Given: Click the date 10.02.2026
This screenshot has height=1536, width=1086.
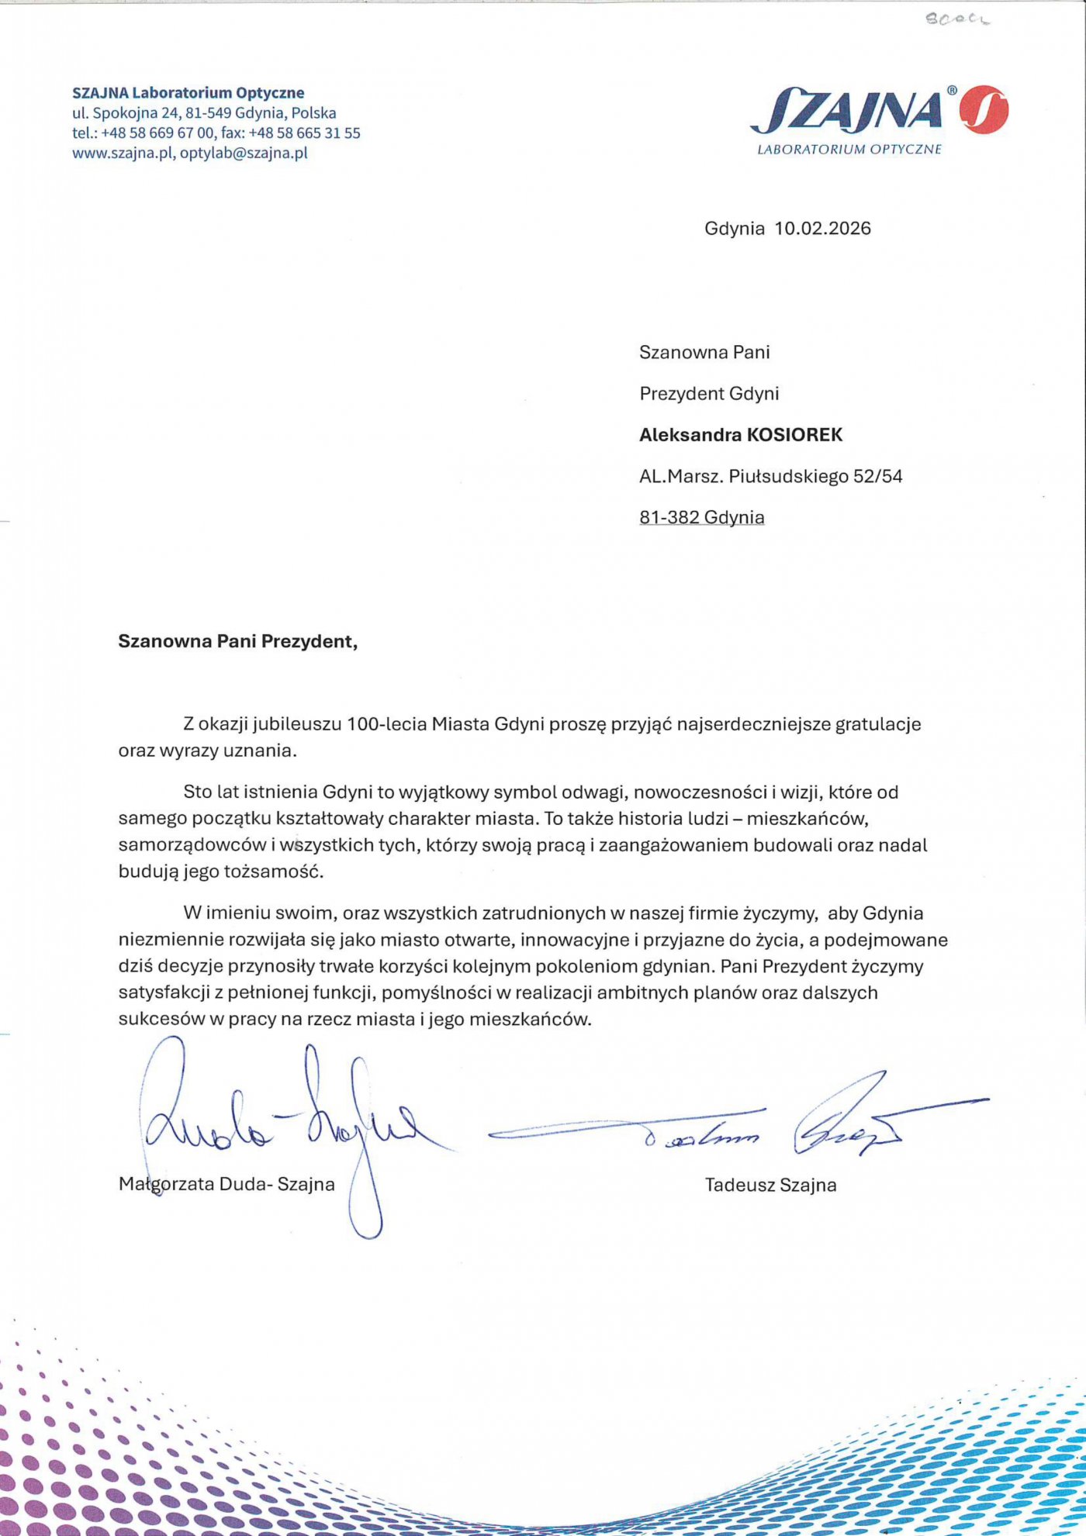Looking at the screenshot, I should point(822,229).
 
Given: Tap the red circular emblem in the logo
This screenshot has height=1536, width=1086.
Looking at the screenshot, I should point(984,109).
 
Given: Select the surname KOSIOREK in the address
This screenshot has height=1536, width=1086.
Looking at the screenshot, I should point(794,435).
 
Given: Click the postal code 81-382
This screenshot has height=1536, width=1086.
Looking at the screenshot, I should point(669,517).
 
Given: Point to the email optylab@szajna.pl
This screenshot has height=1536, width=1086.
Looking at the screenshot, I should point(244,153).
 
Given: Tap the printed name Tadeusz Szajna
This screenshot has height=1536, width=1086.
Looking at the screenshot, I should point(770,1185).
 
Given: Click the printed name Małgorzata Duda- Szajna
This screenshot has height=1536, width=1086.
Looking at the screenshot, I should point(227,1184).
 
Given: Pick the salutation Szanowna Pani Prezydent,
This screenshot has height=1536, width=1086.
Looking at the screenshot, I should point(237,641).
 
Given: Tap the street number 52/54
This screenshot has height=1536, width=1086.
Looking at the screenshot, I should point(878,476).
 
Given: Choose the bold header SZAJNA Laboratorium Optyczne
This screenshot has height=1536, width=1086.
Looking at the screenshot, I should point(188,93).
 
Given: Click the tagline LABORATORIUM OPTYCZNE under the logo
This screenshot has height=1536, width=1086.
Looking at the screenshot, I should point(849,149).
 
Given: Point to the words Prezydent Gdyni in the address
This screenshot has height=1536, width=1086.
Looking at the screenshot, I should point(709,394).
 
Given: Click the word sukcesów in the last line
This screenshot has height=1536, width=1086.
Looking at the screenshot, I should point(161,1019).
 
